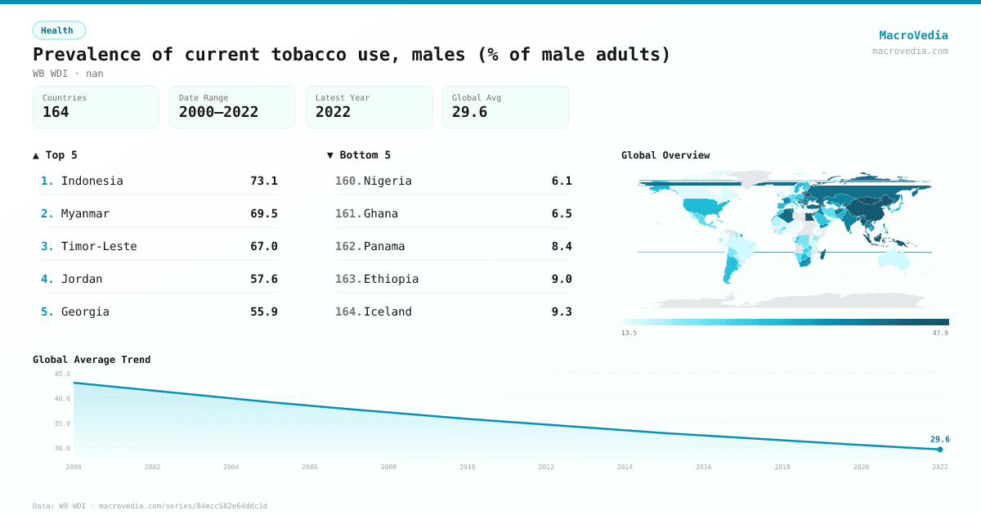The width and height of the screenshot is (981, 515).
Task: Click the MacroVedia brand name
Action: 913,35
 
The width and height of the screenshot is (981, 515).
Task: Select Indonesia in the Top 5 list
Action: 92,181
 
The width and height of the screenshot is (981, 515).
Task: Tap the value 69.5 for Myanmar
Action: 263,213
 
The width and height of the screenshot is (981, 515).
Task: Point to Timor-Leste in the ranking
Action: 99,246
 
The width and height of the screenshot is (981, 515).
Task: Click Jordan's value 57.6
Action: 263,279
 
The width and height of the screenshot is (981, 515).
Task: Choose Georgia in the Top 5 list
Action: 85,311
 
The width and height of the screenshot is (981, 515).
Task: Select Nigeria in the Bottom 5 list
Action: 387,181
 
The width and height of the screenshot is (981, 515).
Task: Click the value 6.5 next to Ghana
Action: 562,213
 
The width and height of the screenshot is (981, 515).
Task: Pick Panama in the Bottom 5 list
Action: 384,246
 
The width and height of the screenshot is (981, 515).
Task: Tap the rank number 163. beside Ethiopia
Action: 348,279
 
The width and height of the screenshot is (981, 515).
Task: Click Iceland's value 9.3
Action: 562,311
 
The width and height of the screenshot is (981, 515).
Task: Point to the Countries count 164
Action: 56,112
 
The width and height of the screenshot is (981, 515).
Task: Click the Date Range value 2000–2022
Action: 218,112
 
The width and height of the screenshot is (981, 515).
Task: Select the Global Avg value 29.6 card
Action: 469,112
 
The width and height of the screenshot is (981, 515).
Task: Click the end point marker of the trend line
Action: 940,450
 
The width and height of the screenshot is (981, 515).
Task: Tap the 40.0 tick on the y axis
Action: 62,399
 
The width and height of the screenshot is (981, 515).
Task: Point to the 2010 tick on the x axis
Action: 467,467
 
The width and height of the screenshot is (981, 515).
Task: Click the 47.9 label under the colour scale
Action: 940,333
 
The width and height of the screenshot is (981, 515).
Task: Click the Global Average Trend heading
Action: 92,360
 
